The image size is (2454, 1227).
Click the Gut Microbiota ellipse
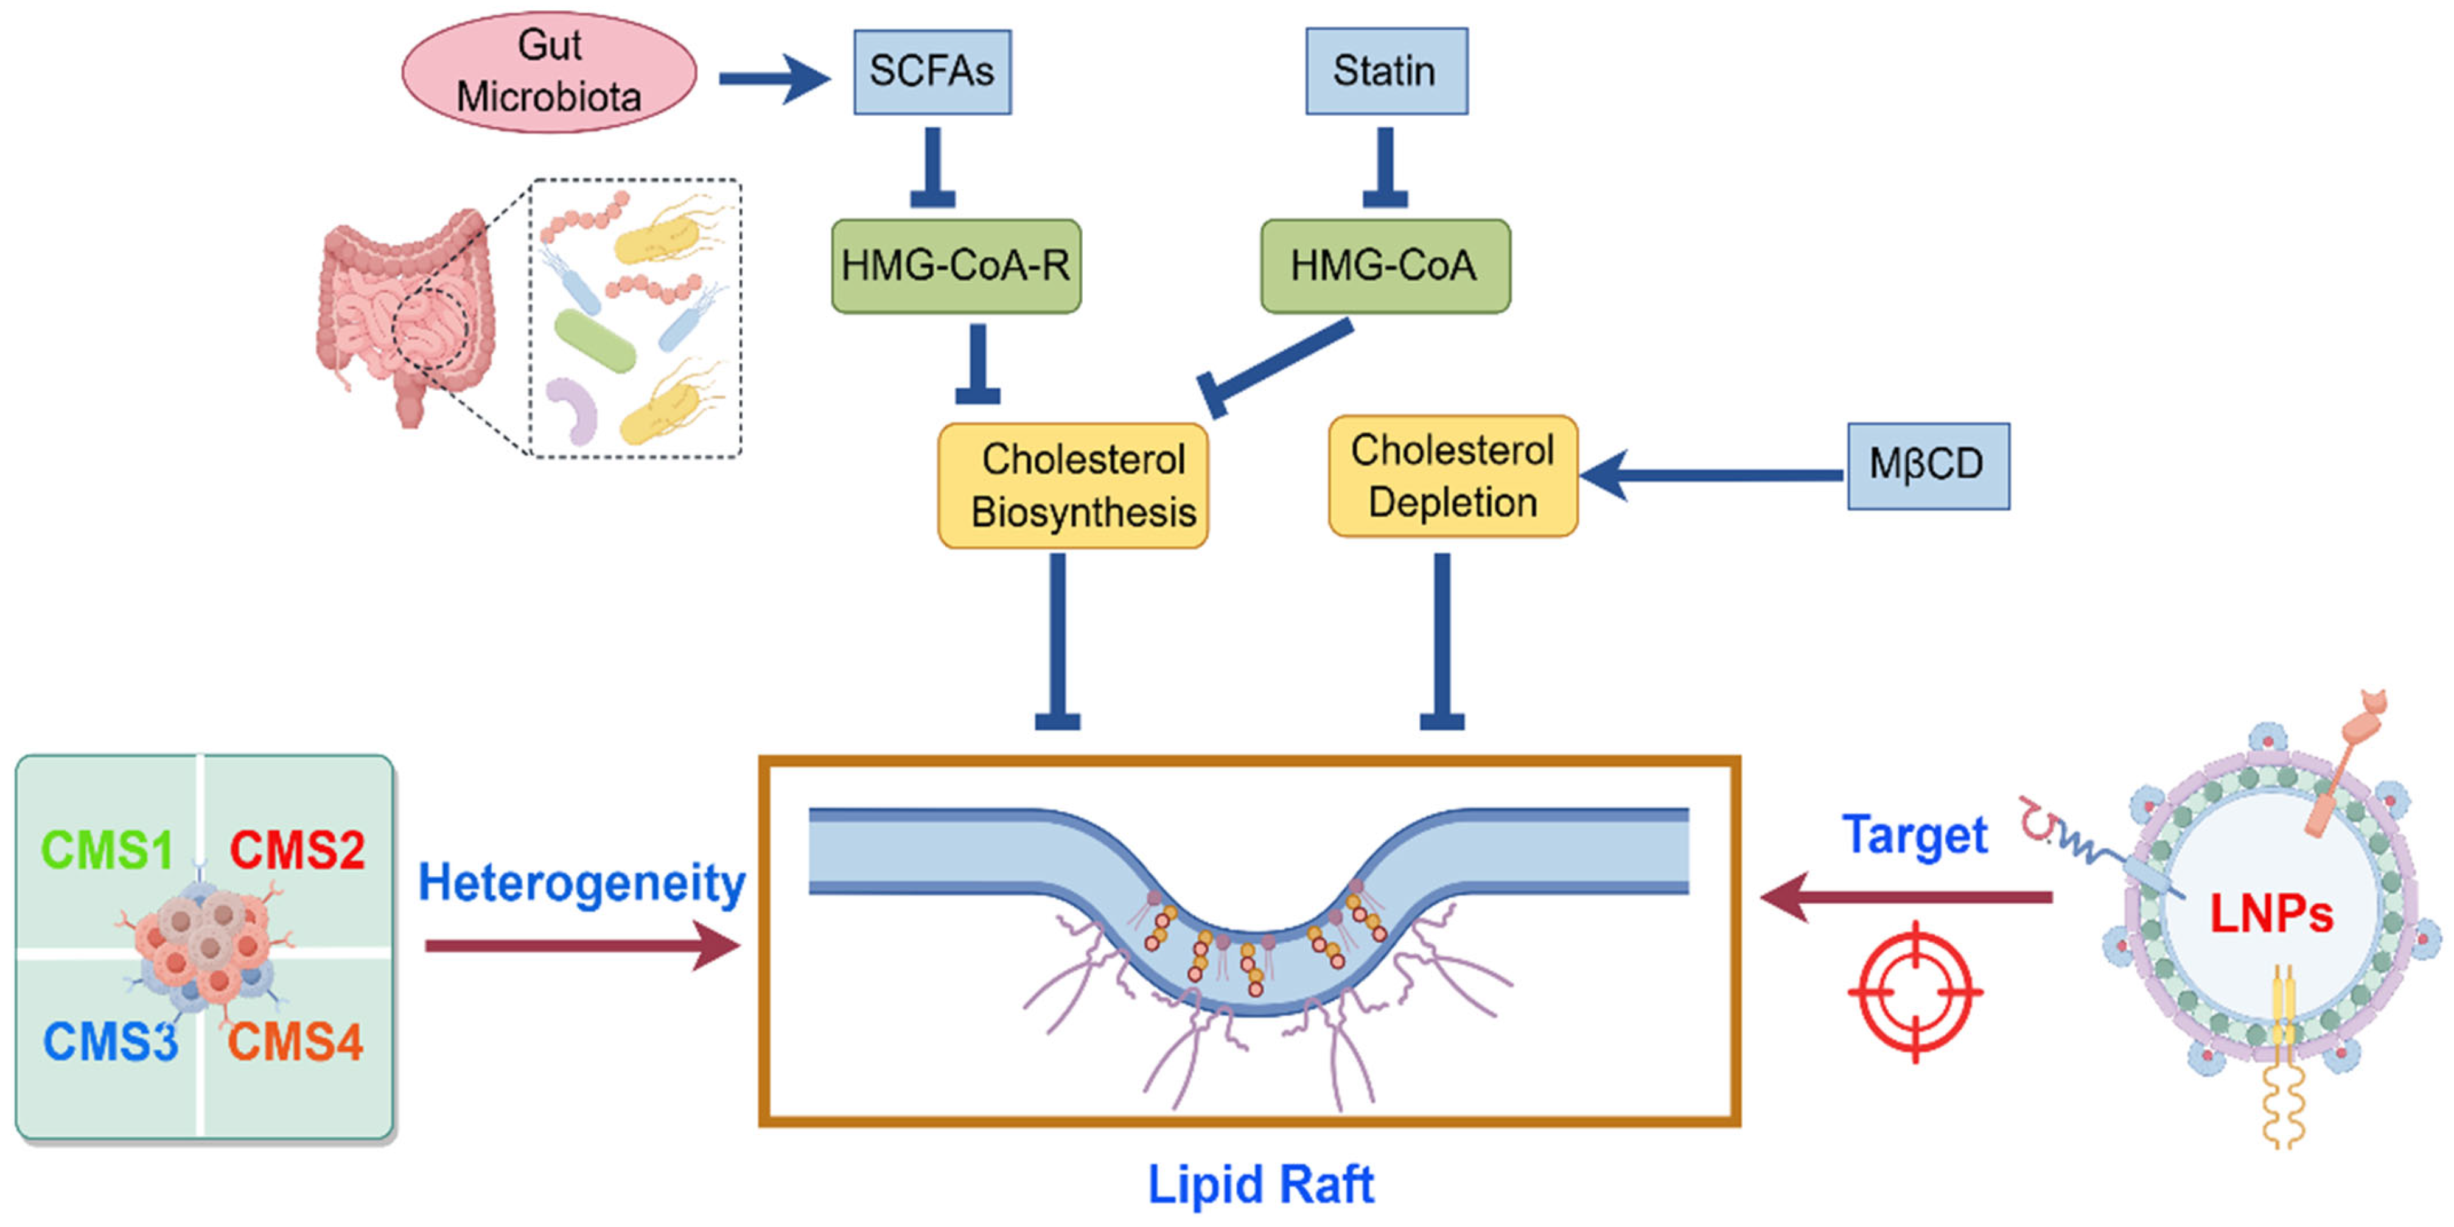tap(549, 71)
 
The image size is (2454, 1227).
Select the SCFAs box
tap(932, 71)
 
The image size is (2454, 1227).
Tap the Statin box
tap(1385, 71)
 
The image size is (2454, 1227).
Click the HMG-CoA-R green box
tap(956, 266)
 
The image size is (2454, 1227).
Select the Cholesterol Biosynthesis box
tap(1072, 486)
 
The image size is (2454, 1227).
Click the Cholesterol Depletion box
tap(1452, 477)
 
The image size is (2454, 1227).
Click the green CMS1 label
tap(107, 850)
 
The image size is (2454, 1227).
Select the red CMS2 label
tap(297, 850)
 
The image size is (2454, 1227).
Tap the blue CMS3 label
tap(111, 1041)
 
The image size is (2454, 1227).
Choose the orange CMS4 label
tap(295, 1041)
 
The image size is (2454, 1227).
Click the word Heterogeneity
tap(581, 884)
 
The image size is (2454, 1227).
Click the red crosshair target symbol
tap(1915, 991)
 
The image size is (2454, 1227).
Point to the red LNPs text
tap(2271, 915)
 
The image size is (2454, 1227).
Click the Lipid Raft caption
tap(1260, 1185)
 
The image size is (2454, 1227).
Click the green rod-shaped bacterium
tap(595, 341)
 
